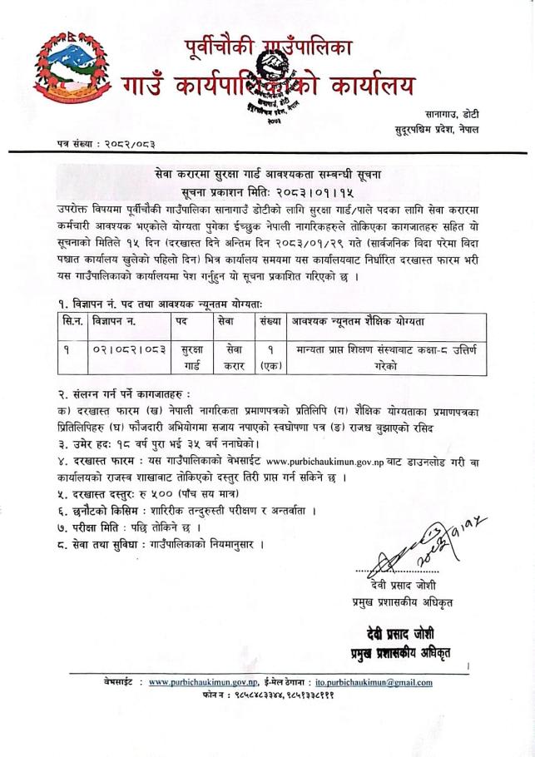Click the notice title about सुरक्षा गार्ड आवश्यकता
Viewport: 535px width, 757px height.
click(x=267, y=173)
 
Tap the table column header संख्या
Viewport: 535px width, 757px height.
click(x=270, y=319)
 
